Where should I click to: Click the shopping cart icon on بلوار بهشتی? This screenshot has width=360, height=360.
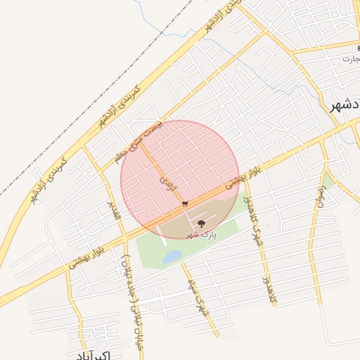185,204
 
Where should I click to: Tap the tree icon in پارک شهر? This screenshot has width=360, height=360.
202,224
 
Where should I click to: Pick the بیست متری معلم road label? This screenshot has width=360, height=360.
153,138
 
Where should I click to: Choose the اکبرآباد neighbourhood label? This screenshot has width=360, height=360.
91,353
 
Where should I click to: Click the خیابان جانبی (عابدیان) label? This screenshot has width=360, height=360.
131,285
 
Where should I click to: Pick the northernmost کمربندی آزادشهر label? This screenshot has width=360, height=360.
224,15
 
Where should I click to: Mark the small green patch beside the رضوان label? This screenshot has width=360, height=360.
327,181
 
